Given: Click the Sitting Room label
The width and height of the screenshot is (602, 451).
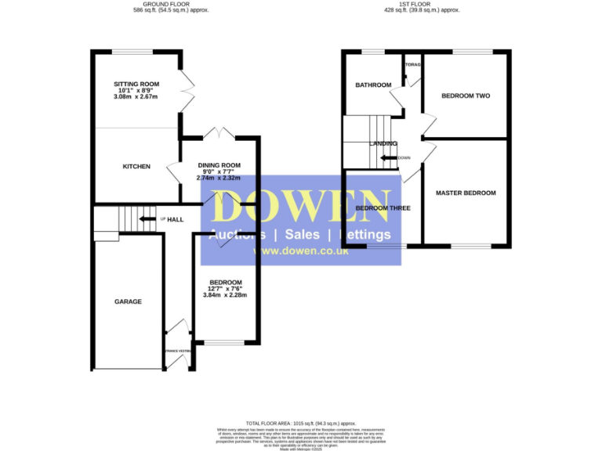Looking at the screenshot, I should [136, 83].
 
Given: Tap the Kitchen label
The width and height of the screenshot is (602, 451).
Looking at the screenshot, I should [136, 167].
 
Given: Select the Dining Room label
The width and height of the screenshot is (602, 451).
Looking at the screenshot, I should [219, 165].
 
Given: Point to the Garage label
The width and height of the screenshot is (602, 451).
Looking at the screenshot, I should [128, 301].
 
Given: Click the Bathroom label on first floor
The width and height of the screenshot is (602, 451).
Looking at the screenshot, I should [373, 85].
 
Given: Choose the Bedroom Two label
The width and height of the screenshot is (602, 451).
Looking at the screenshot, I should [466, 96].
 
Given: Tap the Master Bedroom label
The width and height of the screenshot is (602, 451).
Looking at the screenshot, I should [466, 193].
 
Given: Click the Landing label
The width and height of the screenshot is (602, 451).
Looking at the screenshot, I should [384, 144].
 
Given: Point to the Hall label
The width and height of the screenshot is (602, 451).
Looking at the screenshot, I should [175, 219].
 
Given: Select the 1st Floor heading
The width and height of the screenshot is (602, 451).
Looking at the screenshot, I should [427, 4].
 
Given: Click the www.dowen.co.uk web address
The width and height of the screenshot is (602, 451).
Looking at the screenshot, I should [300, 251].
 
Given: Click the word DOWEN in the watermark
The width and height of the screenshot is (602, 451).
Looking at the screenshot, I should [300, 207].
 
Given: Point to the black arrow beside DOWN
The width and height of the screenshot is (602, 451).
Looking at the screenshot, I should [387, 157].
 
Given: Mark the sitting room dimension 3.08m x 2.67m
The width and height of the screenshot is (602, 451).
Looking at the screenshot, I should [136, 97].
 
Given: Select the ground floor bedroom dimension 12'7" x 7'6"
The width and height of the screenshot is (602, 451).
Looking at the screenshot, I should [225, 288].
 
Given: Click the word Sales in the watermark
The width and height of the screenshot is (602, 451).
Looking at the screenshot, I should [301, 235].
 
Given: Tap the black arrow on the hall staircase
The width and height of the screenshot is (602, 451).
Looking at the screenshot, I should [146, 219].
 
